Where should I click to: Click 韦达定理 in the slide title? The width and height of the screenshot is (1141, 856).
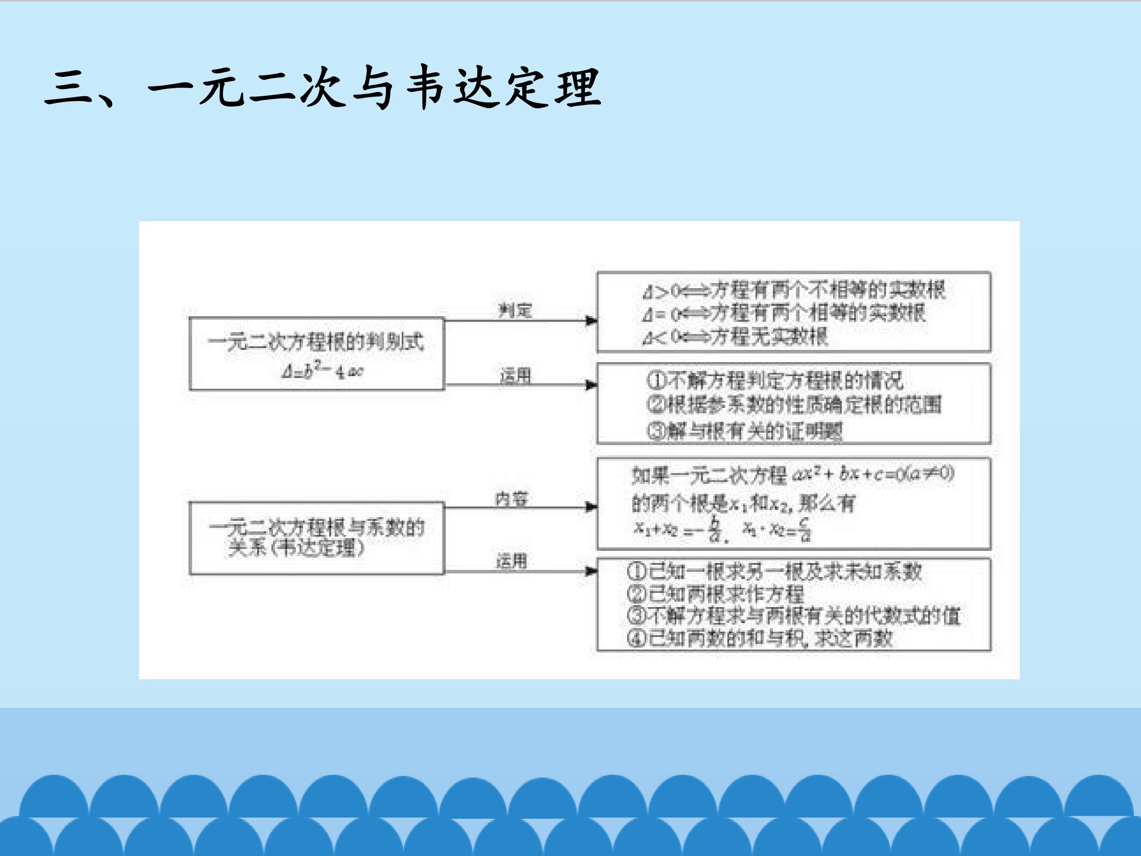(x=504, y=88)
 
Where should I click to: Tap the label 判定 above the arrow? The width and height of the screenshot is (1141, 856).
(x=515, y=310)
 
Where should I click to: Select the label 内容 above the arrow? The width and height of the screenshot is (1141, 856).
(x=511, y=499)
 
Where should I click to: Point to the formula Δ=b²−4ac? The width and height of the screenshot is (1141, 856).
(x=322, y=370)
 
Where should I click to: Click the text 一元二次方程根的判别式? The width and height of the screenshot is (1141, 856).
(x=316, y=342)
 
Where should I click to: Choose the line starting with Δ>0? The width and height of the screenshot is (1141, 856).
(x=794, y=290)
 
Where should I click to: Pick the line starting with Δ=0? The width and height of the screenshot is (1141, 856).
(x=784, y=313)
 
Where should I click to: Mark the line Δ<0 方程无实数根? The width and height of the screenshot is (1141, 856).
(x=735, y=337)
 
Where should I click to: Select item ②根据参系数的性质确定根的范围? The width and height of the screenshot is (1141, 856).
(x=794, y=405)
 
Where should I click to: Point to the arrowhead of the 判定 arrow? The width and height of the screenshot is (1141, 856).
(x=591, y=321)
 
